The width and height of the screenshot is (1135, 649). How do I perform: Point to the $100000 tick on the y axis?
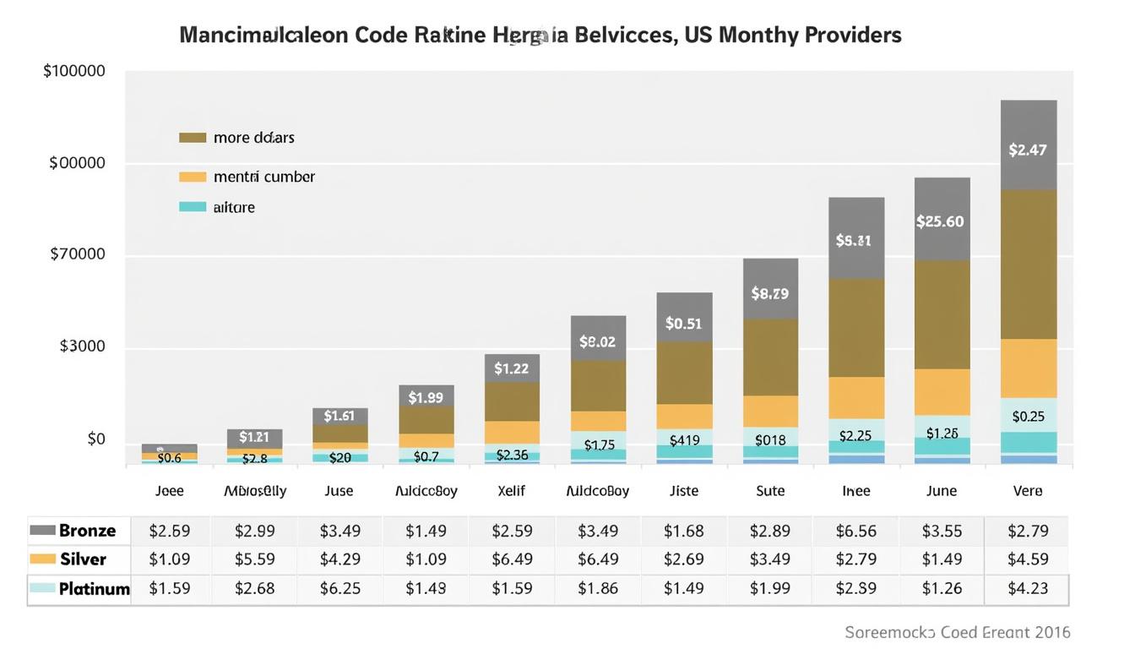tap(74, 71)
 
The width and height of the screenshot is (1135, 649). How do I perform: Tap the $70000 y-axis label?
tap(78, 254)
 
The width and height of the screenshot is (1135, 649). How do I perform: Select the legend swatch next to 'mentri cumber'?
tap(193, 177)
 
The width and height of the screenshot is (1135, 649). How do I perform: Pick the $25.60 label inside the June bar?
tap(940, 221)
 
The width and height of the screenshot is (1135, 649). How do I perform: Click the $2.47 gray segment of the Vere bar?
tap(1028, 150)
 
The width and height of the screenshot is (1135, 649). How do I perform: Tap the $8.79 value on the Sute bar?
tap(769, 294)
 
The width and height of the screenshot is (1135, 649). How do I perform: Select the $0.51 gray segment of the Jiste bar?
tap(683, 323)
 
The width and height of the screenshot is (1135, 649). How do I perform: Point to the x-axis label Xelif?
tap(512, 491)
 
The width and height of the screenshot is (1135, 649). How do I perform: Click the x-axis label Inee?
tap(855, 491)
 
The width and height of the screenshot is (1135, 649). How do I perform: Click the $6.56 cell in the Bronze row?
tap(855, 531)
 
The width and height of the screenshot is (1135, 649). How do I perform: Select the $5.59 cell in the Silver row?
tap(255, 559)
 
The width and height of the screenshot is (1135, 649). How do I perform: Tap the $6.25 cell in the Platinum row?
tap(340, 588)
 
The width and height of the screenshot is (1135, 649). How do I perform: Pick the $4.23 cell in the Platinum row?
tap(1028, 588)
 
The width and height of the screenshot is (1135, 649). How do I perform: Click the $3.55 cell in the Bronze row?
tap(942, 531)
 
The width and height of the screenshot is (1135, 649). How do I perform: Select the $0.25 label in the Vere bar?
tap(1028, 416)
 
